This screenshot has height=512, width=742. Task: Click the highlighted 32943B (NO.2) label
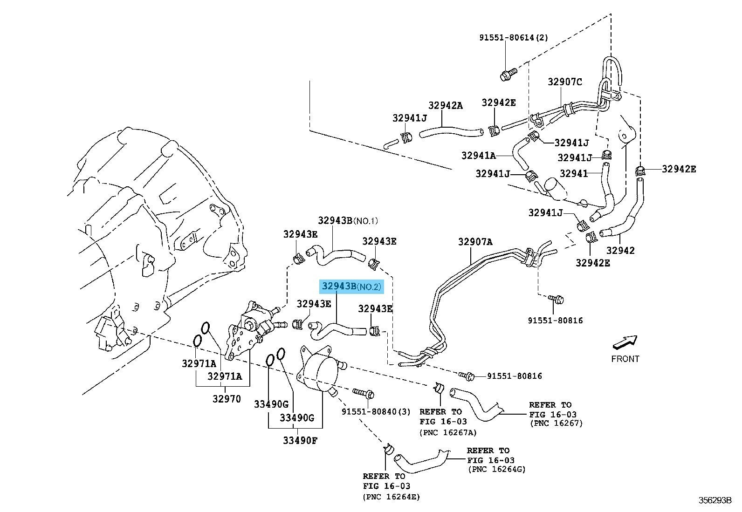coord(351,287)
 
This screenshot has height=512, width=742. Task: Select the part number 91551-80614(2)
coord(514,38)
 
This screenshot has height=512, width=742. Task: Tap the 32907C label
coord(565,82)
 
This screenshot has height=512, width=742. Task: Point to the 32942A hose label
coord(446,106)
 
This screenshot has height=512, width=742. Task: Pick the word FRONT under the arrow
coord(625,359)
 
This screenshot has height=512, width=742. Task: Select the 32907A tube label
coord(475,242)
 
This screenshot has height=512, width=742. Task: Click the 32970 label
coord(227,399)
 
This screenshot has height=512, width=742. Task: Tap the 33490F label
coord(300,440)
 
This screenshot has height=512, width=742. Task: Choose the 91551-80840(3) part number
coord(376,412)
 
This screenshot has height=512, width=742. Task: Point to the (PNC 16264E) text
coord(391,497)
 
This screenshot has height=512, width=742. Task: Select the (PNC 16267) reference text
coord(556,423)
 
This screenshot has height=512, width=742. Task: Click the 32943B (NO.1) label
coord(349,220)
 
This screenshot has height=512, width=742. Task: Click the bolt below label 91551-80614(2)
coord(507,74)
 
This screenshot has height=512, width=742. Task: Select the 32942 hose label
coord(620,251)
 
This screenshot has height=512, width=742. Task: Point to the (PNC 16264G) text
coord(496,469)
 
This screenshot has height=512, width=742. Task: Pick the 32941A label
coord(479,155)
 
